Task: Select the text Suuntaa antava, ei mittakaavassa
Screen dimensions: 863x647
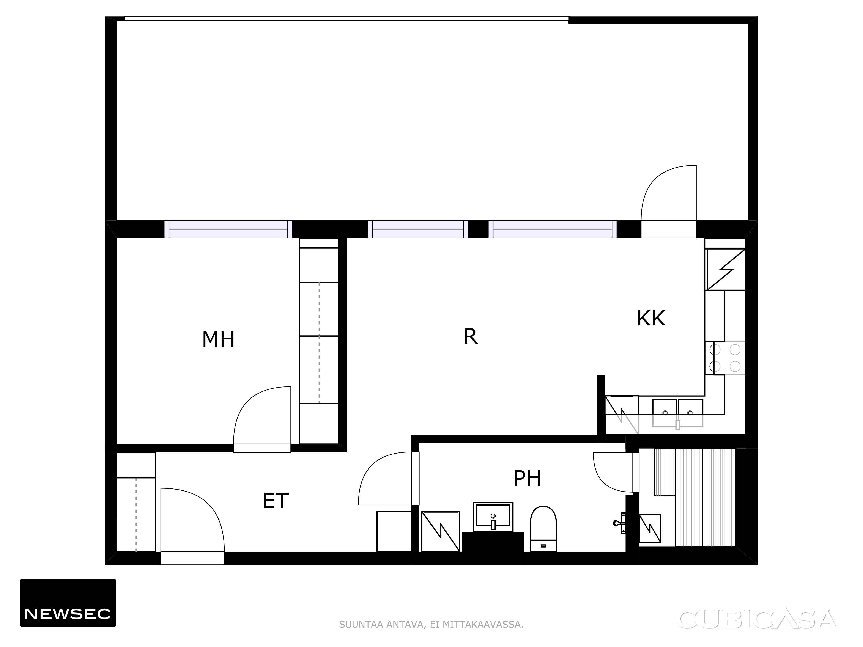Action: [431, 624]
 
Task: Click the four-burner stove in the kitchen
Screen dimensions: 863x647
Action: [725, 358]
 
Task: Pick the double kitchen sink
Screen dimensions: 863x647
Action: [678, 413]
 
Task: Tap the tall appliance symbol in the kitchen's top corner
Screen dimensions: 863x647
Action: [725, 269]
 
